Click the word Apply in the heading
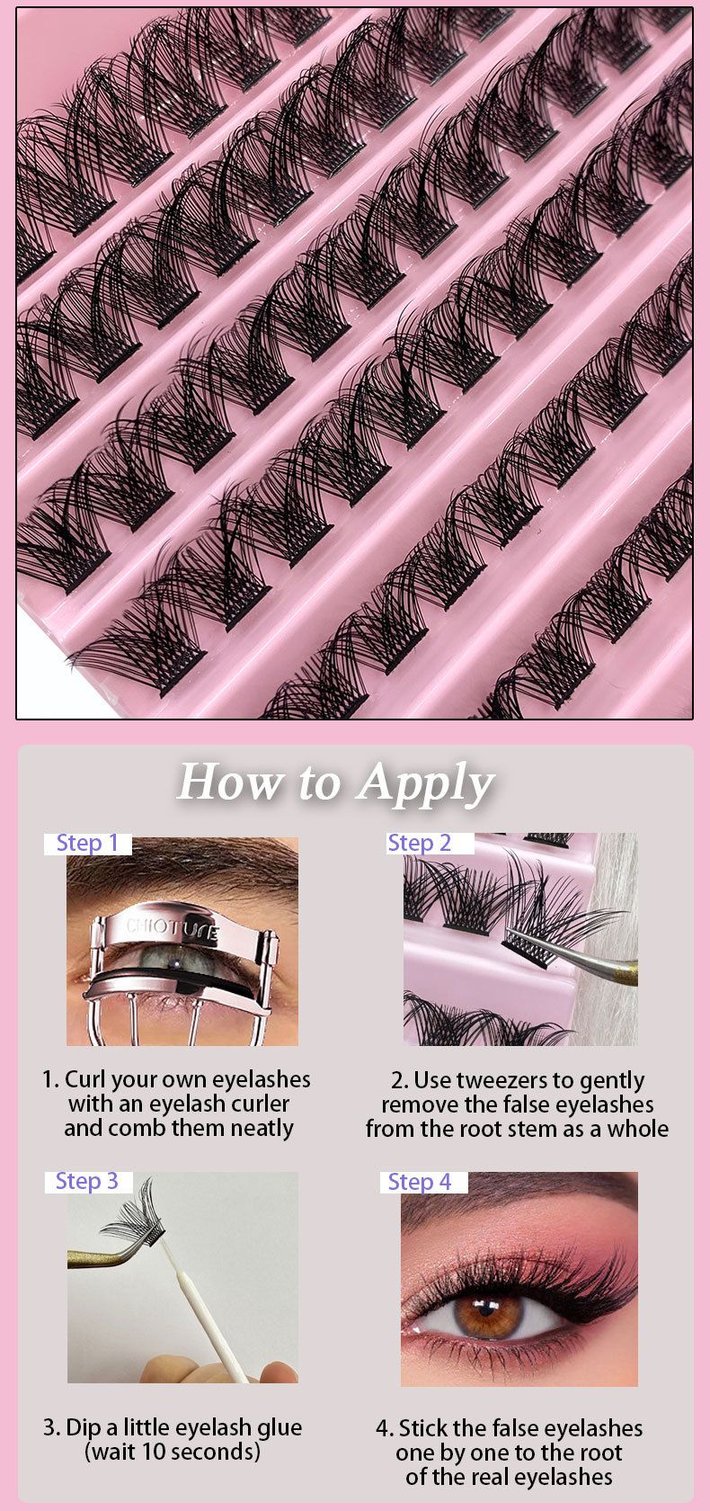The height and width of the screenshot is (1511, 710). tap(427, 784)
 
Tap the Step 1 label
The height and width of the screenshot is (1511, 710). tap(88, 843)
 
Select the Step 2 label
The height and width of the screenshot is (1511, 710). tap(419, 843)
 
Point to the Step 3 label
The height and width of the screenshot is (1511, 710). tap(87, 1181)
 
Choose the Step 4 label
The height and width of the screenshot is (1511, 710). tap(420, 1182)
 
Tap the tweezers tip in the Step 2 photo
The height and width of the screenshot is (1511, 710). tap(511, 931)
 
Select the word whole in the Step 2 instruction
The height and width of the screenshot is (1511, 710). tap(638, 1129)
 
